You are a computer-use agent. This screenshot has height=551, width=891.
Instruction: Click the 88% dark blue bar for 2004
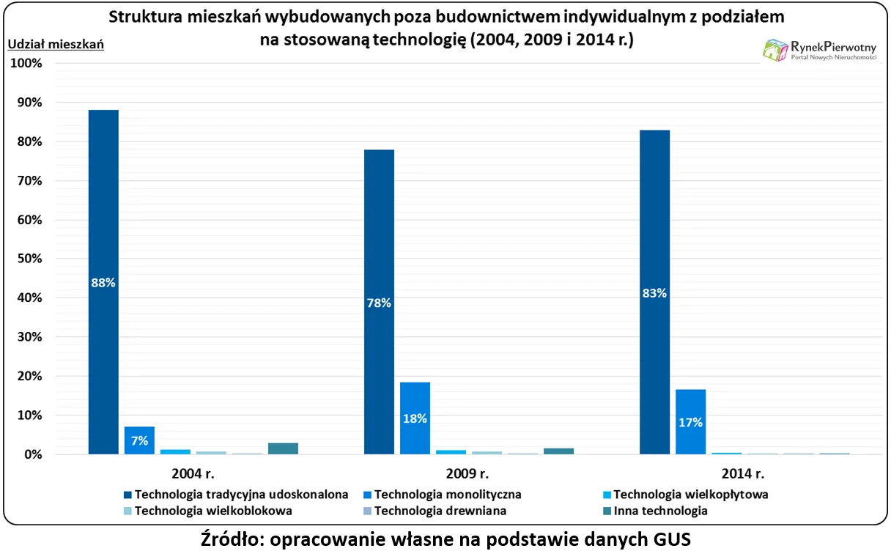point(103,282)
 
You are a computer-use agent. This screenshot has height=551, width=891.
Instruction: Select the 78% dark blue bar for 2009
point(379,302)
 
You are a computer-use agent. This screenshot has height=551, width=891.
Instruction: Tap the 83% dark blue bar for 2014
point(654,292)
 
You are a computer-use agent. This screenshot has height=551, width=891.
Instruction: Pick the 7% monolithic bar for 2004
point(139,440)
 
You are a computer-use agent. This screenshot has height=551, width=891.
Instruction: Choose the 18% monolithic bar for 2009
point(415,418)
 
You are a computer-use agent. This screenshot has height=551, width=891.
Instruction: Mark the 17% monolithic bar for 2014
point(690,422)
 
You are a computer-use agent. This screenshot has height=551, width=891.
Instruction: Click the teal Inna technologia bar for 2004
point(283,448)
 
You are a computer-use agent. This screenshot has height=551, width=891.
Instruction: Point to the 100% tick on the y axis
point(28,63)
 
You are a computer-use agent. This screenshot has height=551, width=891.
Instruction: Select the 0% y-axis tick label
point(34,455)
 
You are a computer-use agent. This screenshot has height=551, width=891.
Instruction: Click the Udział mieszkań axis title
point(56,44)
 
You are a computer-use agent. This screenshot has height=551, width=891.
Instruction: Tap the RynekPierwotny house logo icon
point(774,49)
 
